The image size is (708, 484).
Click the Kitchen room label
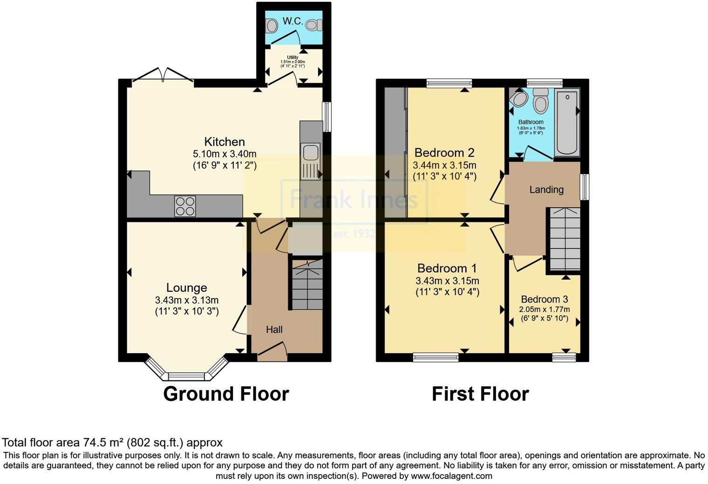pyautogui.click(x=225, y=142)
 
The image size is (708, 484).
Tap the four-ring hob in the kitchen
pyautogui.click(x=185, y=206)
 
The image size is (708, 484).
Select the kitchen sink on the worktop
pyautogui.click(x=310, y=161)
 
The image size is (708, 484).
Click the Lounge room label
pyautogui.click(x=186, y=288)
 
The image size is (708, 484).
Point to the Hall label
pyautogui.click(x=274, y=330)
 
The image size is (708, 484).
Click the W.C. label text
pyautogui.click(x=293, y=21)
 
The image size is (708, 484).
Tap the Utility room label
pyautogui.click(x=293, y=58)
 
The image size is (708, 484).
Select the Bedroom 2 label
pyautogui.click(x=444, y=153)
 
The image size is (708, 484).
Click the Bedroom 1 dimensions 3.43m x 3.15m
pyautogui.click(x=447, y=281)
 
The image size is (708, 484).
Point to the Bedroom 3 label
pyautogui.click(x=544, y=299)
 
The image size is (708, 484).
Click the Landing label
pyautogui.click(x=546, y=190)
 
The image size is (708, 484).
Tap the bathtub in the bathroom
pyautogui.click(x=567, y=122)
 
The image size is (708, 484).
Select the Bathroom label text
pyautogui.click(x=531, y=122)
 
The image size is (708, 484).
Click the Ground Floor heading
pyautogui.click(x=226, y=394)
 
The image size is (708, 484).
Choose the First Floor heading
pyautogui.click(x=480, y=394)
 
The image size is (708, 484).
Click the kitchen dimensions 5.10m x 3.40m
pyautogui.click(x=225, y=154)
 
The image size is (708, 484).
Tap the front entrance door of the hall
pyautogui.click(x=272, y=352)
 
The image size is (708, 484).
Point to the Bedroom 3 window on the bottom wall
pyautogui.click(x=564, y=357)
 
